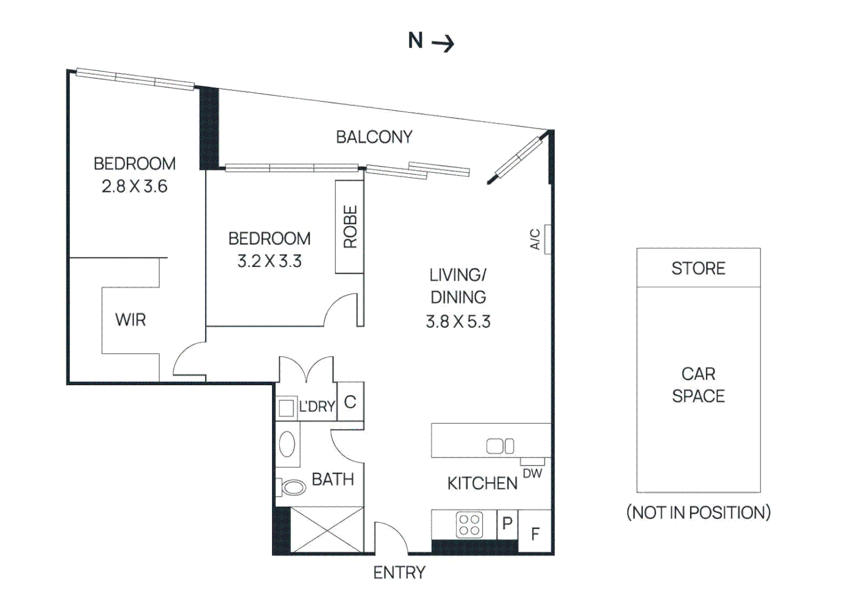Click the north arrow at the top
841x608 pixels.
(x=442, y=43)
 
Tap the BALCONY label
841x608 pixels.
(x=374, y=137)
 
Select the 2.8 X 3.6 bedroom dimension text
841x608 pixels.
(x=134, y=186)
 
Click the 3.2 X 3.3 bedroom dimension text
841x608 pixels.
(x=269, y=261)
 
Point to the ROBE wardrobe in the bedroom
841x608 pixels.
(x=350, y=227)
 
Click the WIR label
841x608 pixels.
(x=131, y=320)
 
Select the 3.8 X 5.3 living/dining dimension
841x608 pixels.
(x=458, y=321)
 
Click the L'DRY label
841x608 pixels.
(x=316, y=406)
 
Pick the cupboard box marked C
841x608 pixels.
(x=350, y=402)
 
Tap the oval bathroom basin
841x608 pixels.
(x=287, y=445)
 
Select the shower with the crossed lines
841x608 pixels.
(x=326, y=530)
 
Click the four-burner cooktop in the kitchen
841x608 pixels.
(x=469, y=525)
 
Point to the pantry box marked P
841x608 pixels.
(x=507, y=524)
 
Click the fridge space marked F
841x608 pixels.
(x=535, y=533)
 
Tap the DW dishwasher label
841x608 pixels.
(x=532, y=473)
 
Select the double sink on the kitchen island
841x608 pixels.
(x=500, y=446)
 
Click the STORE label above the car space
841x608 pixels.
(x=698, y=269)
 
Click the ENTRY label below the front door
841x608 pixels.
(x=399, y=573)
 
